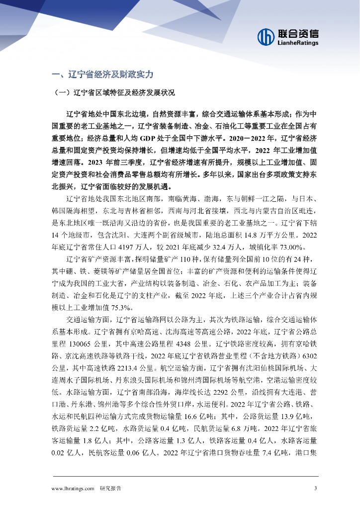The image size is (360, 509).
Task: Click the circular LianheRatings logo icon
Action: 266,36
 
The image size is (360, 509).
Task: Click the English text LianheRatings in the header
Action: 297,43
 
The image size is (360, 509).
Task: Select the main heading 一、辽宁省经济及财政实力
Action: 102,75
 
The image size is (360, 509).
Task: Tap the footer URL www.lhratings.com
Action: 73,488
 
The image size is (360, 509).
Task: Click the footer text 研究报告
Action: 110,488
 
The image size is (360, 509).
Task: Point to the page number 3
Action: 316,488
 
